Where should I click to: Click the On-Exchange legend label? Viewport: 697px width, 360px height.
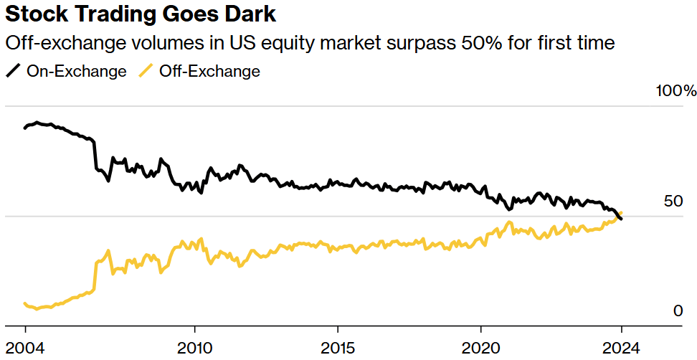[76, 71]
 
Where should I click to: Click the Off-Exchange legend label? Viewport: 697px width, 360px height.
[209, 71]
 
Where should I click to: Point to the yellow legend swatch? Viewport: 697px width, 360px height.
[146, 71]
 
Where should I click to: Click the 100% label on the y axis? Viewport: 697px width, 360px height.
[675, 91]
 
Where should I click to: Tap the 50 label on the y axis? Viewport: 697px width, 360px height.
[673, 202]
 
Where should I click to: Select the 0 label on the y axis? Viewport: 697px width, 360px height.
[676, 311]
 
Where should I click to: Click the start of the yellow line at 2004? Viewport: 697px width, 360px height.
[25, 304]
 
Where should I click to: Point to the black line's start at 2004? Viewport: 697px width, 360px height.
[25, 128]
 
